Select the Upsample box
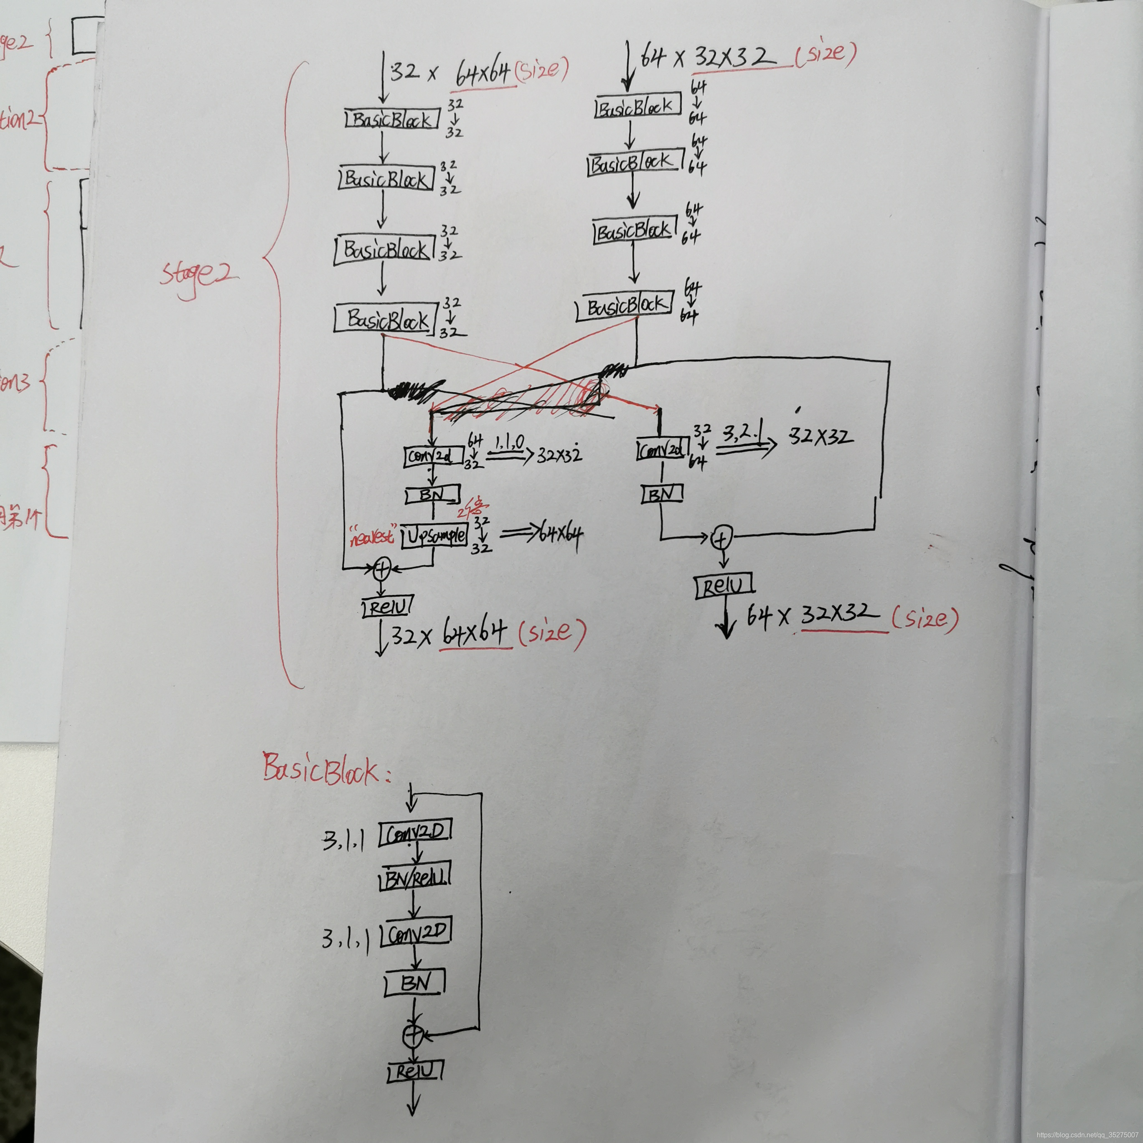coord(434,536)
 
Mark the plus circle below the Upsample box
coord(381,569)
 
